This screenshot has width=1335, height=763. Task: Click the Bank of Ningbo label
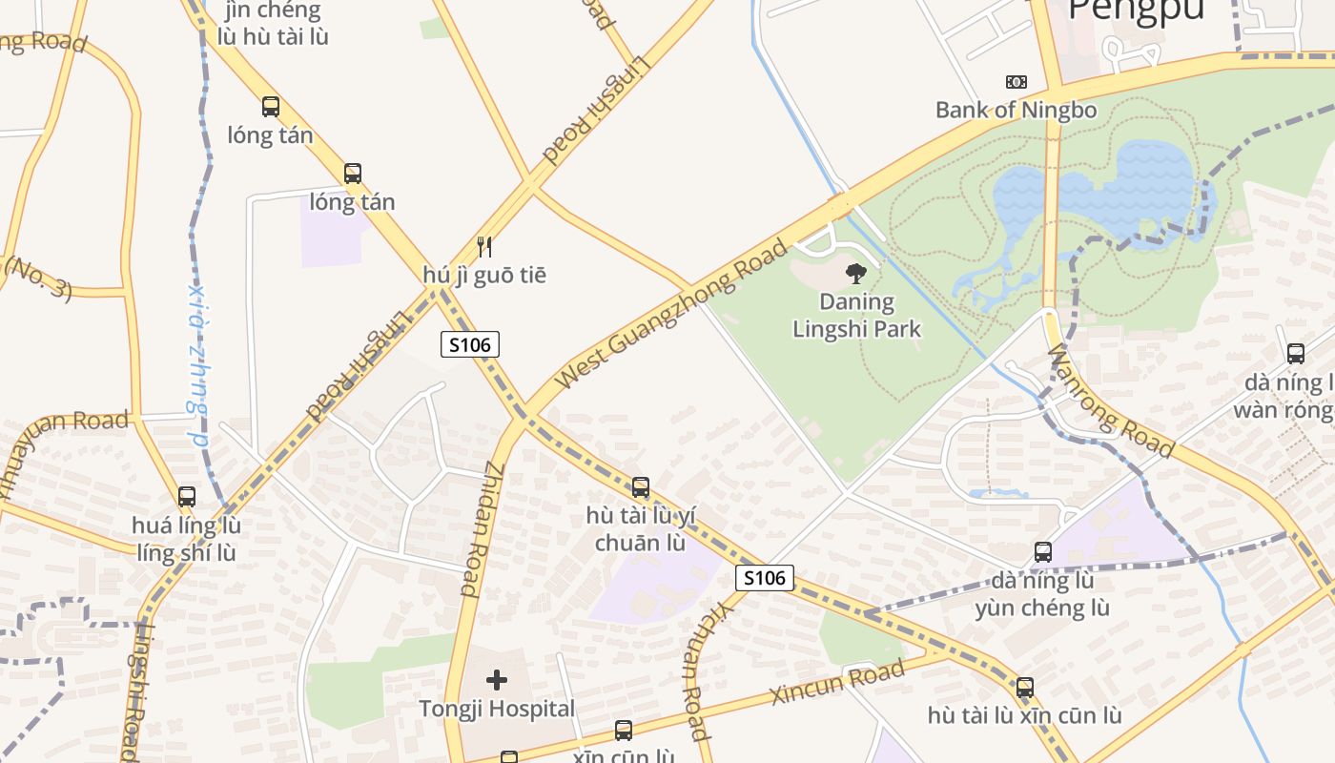(1016, 110)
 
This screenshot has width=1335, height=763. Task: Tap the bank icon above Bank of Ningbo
(1017, 82)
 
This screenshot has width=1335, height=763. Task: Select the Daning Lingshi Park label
(857, 316)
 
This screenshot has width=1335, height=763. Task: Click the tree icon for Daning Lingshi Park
(856, 274)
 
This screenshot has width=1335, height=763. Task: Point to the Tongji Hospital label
(497, 709)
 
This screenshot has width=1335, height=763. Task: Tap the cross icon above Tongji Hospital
(497, 680)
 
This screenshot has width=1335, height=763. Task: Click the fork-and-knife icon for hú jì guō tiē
(484, 247)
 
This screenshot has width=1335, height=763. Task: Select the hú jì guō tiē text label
(484, 276)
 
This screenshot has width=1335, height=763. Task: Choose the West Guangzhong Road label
(672, 314)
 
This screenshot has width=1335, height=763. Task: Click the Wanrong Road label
(1111, 401)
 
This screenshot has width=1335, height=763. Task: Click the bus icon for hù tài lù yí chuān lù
(641, 487)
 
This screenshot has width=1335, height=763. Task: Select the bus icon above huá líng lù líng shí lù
(187, 497)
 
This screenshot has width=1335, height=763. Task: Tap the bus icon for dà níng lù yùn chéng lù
(1043, 552)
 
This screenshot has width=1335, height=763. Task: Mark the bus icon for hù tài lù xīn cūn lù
(1025, 688)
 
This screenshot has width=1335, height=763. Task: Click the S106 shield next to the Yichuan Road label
(765, 577)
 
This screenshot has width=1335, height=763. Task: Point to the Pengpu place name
(1137, 10)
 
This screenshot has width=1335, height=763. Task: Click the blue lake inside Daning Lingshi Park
(1097, 191)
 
